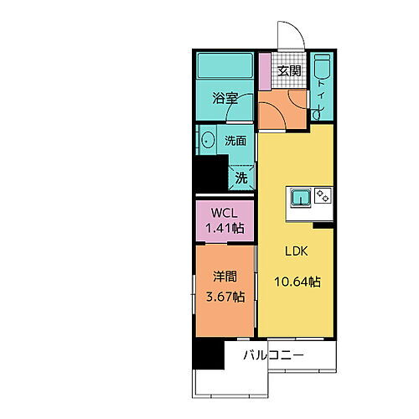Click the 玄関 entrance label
point(290,70)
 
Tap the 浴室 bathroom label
point(225,98)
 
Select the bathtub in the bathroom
point(224,66)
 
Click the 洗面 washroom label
point(235,141)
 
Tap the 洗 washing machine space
point(241,177)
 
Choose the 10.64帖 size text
point(296,282)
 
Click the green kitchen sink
point(300,198)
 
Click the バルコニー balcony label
point(274,356)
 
